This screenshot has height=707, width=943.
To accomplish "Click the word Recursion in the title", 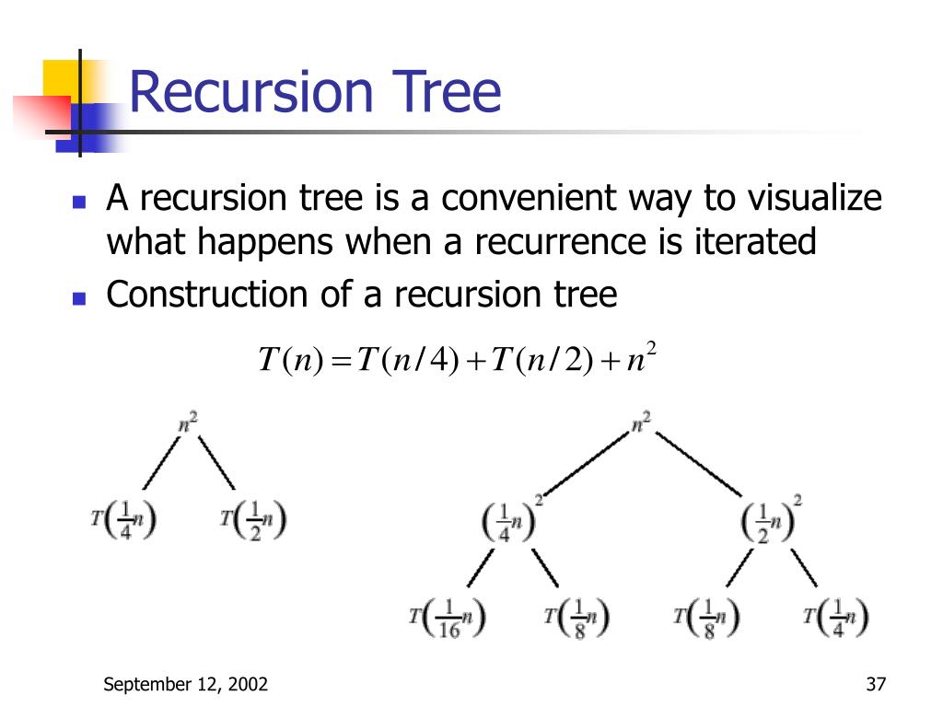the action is (250, 92).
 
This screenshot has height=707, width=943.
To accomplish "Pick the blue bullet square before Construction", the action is (79, 298).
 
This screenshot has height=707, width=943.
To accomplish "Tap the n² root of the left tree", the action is (188, 424).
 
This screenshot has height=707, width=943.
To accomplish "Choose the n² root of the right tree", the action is (642, 424).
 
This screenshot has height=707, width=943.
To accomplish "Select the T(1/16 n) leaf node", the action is (448, 618).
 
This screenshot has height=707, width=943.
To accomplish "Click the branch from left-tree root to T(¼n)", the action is (159, 466).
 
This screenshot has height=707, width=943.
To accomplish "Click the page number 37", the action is (875, 684).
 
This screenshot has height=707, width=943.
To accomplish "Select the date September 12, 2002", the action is (185, 684).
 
